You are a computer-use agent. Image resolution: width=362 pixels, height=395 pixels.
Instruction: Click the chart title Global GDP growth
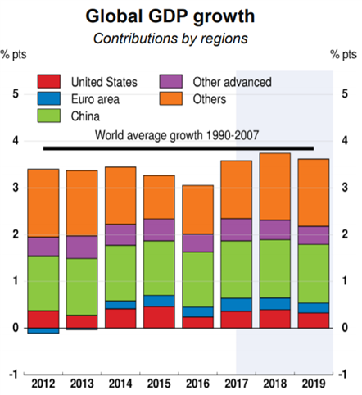170,17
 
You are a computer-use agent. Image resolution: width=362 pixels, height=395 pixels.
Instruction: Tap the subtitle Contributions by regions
170,39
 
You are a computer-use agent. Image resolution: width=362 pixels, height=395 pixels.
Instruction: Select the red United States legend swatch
49,81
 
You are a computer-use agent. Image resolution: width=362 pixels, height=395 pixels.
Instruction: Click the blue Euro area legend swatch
49,98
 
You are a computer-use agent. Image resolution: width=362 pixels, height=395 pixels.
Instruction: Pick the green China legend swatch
49,116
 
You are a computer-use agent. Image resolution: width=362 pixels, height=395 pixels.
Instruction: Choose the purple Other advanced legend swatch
171,81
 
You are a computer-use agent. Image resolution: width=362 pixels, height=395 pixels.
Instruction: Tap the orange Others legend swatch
171,98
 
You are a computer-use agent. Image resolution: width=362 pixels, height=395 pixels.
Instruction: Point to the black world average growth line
179,148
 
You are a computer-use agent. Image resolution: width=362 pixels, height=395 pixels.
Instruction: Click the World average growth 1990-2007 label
177,135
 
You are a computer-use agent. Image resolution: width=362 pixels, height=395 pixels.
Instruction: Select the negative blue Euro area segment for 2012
43,330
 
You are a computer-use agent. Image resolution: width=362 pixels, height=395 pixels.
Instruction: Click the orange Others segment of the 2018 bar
275,187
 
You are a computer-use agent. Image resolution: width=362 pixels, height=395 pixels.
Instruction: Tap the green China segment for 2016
198,279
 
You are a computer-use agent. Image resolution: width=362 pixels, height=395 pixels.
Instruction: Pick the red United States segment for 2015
159,317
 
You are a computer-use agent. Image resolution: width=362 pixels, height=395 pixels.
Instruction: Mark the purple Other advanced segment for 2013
82,247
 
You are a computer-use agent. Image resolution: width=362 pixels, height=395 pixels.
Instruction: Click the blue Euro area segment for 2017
237,305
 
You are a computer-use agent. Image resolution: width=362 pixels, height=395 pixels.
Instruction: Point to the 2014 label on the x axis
120,384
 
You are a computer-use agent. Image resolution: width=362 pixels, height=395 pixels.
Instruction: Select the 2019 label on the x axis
314,384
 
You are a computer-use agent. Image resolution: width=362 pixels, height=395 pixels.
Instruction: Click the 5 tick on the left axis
16,94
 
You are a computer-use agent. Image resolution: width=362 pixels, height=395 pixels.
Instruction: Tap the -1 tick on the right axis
344,375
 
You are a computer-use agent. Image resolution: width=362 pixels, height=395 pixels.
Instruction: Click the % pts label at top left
14,54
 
